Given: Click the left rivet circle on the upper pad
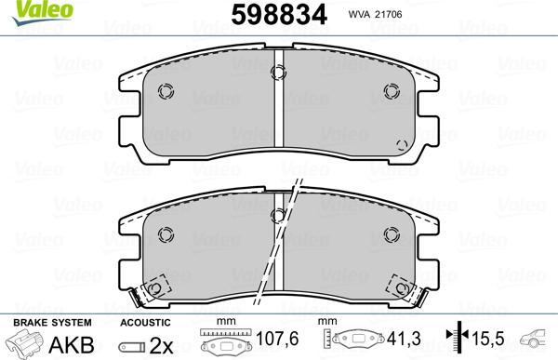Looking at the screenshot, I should click(x=166, y=90).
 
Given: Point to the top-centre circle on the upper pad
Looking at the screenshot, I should click(x=278, y=73).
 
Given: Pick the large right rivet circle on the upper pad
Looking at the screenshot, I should click(x=391, y=90).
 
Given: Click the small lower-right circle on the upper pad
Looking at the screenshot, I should click(x=401, y=143).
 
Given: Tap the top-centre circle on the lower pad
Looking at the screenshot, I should click(x=278, y=215).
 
